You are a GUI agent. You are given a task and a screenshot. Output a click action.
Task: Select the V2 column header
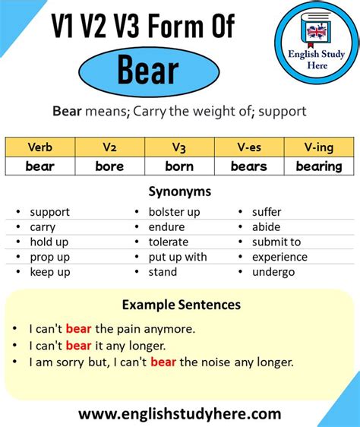[109, 147]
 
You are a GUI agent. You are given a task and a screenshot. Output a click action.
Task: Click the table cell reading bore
[109, 166]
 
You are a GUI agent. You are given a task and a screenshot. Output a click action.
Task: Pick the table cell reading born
[179, 166]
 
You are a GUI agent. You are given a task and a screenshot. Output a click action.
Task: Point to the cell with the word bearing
[319, 166]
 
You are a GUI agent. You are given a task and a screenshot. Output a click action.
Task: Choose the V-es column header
[249, 147]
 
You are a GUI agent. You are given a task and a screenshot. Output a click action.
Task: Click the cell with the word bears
[249, 166]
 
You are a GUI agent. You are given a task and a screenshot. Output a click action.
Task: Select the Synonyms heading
[180, 191]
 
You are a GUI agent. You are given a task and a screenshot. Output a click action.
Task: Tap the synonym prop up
[49, 257]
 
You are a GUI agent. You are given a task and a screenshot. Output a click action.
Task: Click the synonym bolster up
[175, 212]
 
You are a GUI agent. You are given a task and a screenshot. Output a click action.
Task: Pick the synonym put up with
[178, 257]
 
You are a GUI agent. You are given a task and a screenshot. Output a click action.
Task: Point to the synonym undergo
[273, 272]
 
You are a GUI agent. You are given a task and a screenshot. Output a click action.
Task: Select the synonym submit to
[276, 242]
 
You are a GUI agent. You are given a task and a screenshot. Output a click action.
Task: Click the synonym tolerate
[169, 242]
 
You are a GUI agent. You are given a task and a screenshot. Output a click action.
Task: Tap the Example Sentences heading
[181, 305]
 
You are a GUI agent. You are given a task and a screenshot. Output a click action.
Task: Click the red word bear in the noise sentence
[163, 362]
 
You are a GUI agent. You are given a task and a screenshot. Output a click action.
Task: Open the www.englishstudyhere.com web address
[180, 414]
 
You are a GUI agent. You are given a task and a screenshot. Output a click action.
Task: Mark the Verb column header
[39, 147]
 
